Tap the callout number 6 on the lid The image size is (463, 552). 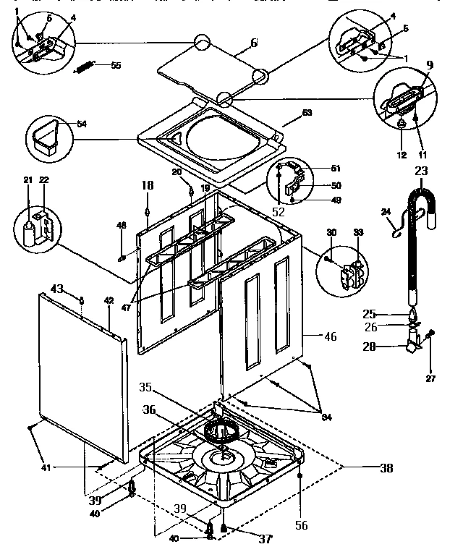coord(254,43)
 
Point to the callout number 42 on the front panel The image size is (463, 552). coord(109,300)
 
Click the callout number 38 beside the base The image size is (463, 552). coord(386,468)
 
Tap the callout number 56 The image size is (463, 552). coord(301,526)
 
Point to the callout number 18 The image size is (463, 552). coord(148,186)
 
